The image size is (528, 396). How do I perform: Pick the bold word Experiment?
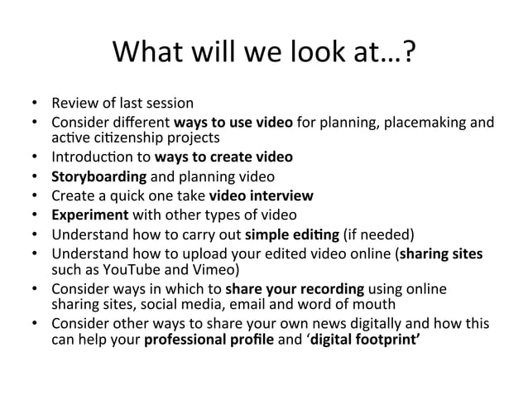(x=87, y=215)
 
